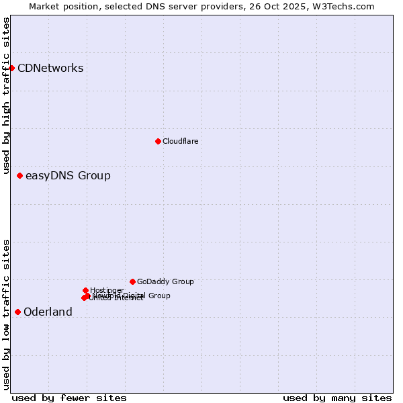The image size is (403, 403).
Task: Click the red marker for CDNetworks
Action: coord(11,68)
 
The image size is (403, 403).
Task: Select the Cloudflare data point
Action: coord(158,141)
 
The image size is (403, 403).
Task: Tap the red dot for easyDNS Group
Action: coord(19,175)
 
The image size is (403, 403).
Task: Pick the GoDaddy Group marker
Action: coord(132,281)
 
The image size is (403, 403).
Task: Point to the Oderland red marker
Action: coord(17,312)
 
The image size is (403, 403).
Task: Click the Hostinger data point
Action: coord(85,290)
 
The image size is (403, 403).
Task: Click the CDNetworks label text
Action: coord(50,68)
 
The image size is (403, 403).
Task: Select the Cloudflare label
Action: coord(180,141)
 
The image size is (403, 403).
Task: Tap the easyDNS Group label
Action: coord(68,176)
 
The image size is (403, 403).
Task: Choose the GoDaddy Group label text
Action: coord(165,281)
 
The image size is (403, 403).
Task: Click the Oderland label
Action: coord(48,312)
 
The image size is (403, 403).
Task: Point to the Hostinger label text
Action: coord(107,290)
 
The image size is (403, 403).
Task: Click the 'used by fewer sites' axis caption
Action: coord(69,398)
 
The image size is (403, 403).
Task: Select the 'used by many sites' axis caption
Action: coord(337,398)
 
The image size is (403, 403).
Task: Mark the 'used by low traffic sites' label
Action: coord(7,314)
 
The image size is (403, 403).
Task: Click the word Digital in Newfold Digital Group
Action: coord(134,296)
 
